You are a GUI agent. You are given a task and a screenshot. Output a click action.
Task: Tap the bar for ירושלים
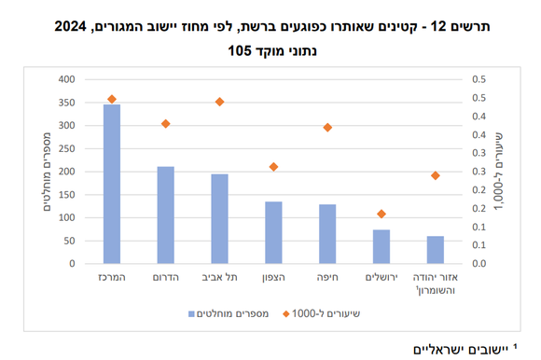click(381, 246)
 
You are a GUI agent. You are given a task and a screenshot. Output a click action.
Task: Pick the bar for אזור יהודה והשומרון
click(436, 250)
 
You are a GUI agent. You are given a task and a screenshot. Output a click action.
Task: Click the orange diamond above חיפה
click(327, 127)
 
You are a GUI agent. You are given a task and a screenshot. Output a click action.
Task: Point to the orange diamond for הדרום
click(165, 124)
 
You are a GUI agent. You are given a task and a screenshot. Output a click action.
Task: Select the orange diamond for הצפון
click(273, 167)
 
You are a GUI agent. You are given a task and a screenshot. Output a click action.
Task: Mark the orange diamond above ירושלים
click(381, 214)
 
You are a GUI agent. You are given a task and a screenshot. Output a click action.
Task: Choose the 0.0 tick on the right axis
click(478, 264)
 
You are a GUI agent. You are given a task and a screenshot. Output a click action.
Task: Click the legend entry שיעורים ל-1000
click(326, 313)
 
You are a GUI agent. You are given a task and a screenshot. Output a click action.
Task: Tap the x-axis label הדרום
click(165, 279)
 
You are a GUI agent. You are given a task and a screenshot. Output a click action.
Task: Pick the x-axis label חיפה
click(327, 279)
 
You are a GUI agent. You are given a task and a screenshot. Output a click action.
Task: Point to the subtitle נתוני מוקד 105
click(270, 50)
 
